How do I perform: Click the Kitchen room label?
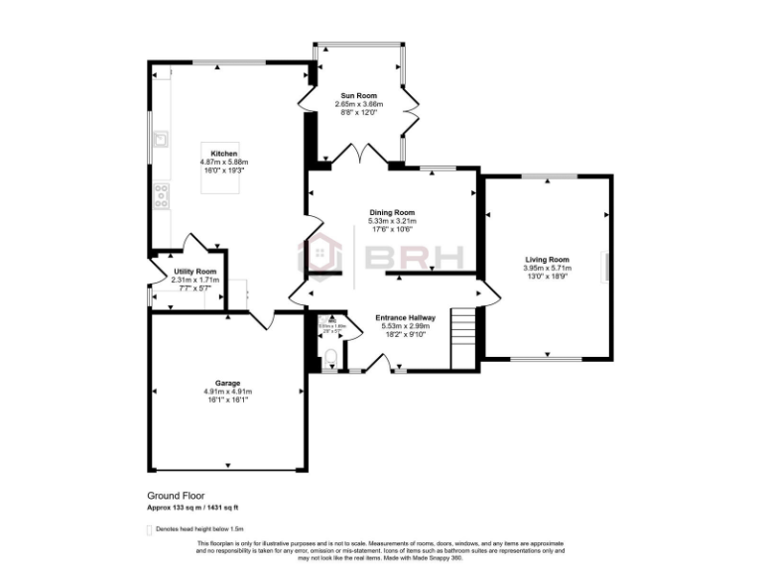point(223,154)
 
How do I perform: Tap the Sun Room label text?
point(357,96)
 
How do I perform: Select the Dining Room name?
point(392,212)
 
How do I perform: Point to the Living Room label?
point(548,260)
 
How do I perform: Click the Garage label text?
point(228,383)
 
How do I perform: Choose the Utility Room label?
point(194,272)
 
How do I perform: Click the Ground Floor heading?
point(180,495)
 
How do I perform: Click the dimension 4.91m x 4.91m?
point(228,392)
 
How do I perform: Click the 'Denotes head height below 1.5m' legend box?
point(150,529)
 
